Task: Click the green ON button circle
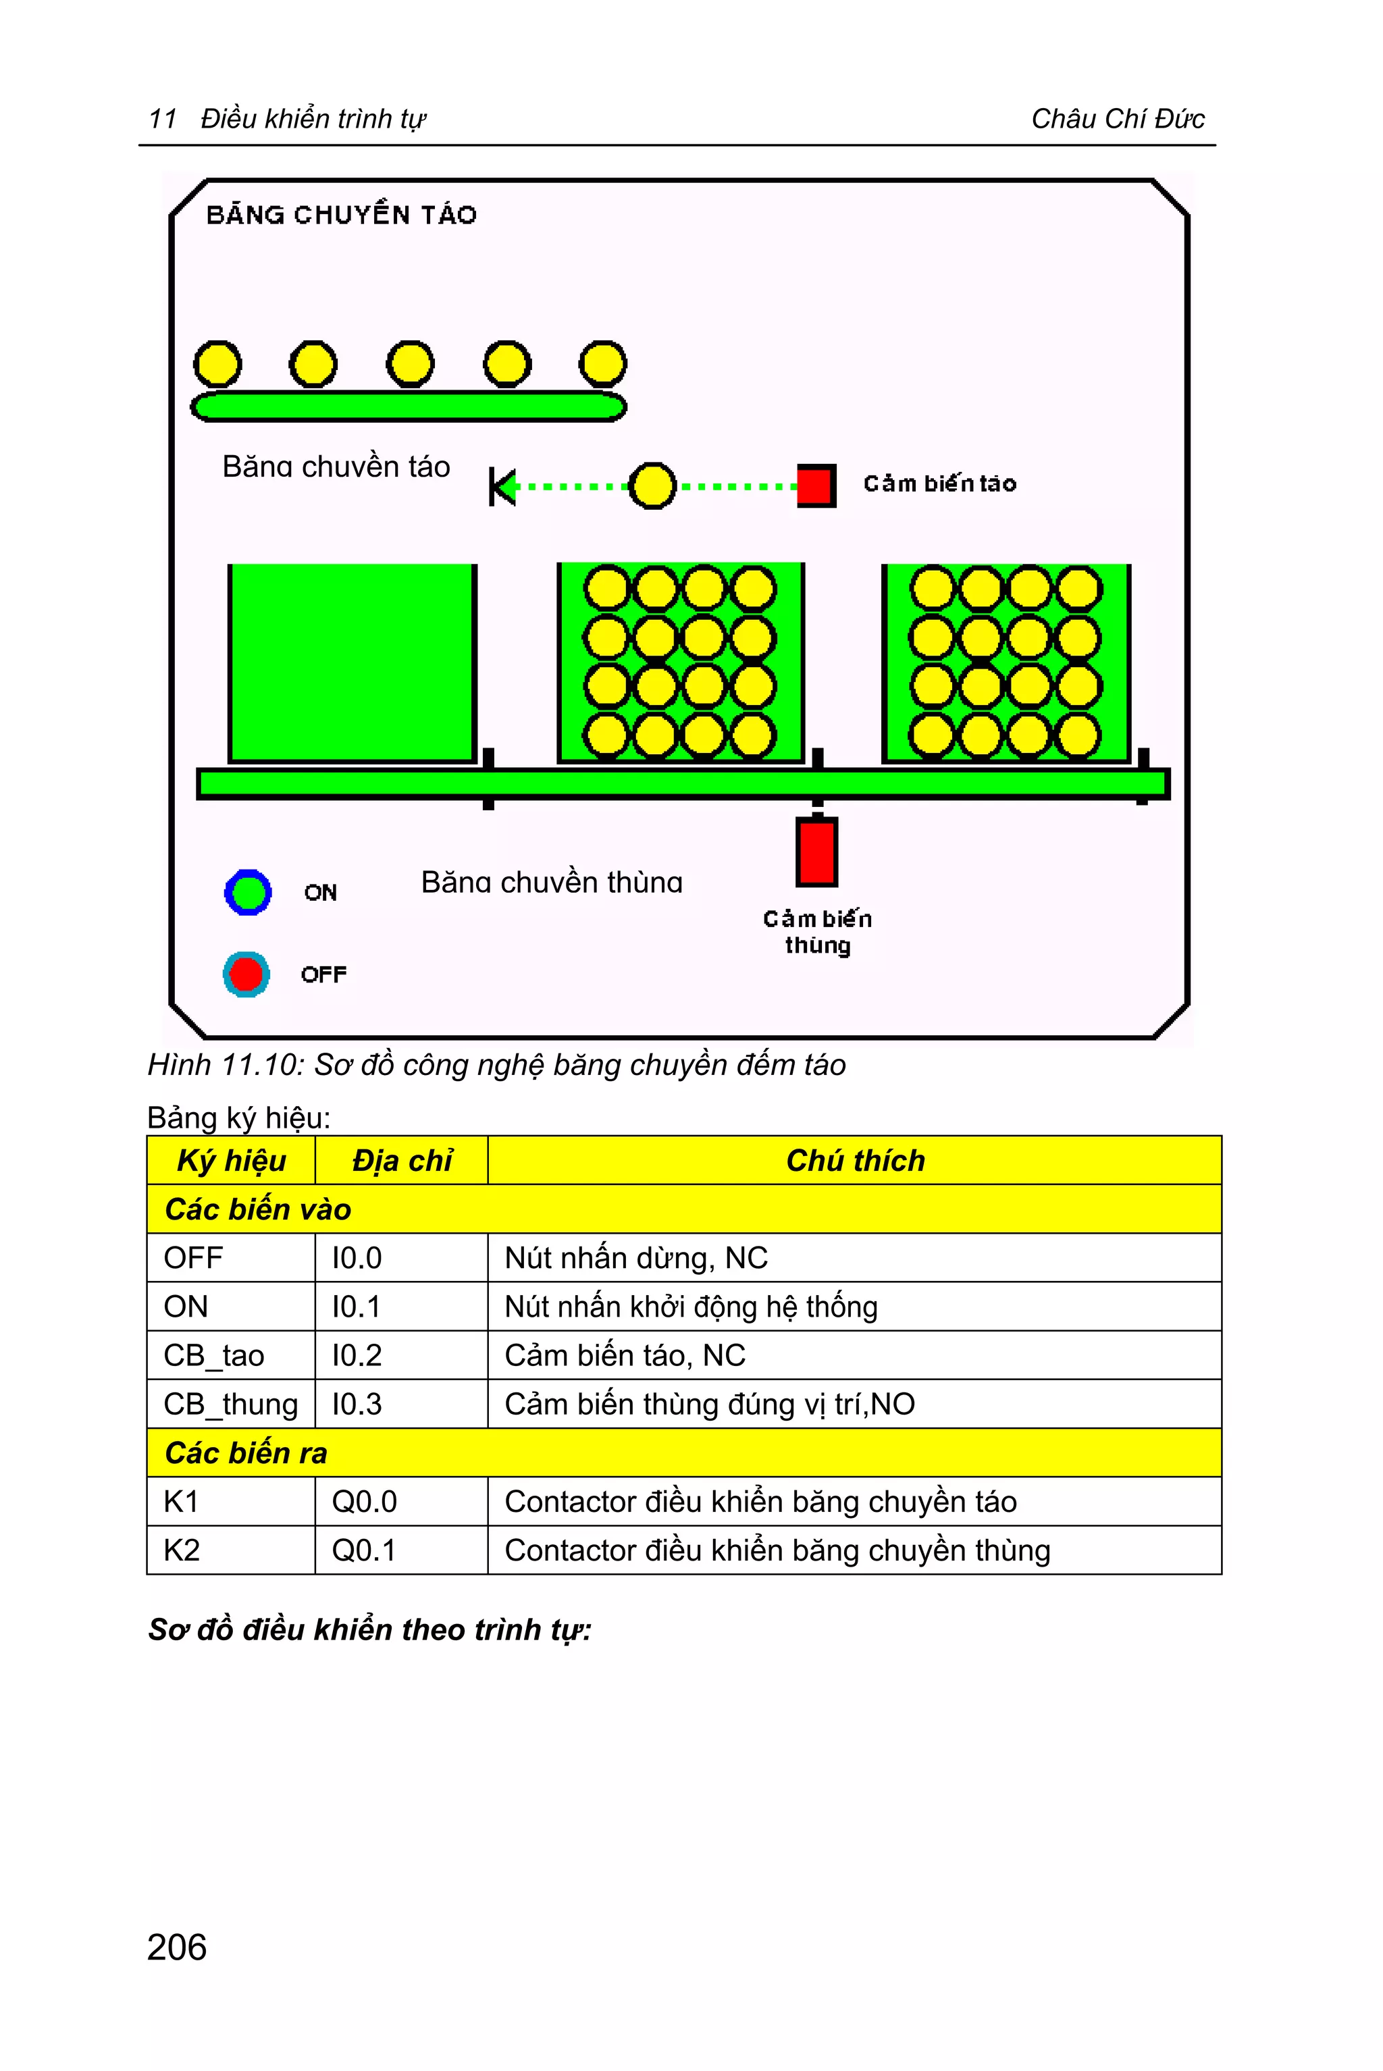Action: [x=248, y=892]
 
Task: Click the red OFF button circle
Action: [x=246, y=974]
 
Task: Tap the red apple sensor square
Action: [x=815, y=485]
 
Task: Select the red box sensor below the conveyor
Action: [x=816, y=851]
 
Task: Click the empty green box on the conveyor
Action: [x=352, y=662]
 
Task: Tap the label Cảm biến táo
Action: [x=939, y=483]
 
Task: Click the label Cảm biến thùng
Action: [x=818, y=931]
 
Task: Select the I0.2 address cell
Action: [x=357, y=1355]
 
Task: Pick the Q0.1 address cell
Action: [x=364, y=1550]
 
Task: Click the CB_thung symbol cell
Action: [x=231, y=1403]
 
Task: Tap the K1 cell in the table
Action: [x=182, y=1501]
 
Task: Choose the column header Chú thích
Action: [x=855, y=1160]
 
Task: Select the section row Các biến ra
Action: [x=246, y=1452]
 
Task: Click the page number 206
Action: [x=178, y=1947]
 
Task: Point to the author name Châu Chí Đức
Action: [x=1118, y=118]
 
